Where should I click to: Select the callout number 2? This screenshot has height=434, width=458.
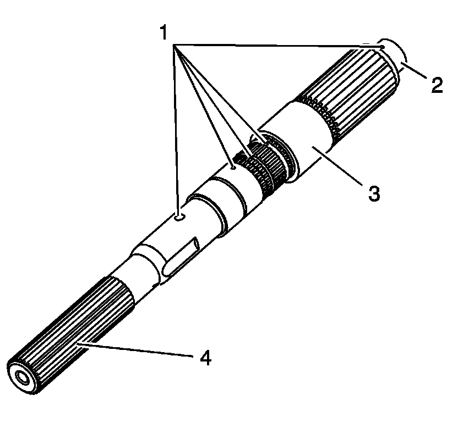click(x=437, y=85)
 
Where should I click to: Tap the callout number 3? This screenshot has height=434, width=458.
click(x=374, y=193)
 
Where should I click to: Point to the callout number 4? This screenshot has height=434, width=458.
click(x=205, y=358)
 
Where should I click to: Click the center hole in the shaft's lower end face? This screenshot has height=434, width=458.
click(x=23, y=377)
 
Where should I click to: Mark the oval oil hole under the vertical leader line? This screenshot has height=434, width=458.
click(x=178, y=218)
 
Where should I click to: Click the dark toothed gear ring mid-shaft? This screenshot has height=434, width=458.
click(x=267, y=165)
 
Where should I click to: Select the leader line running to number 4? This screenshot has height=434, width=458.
click(x=138, y=350)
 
